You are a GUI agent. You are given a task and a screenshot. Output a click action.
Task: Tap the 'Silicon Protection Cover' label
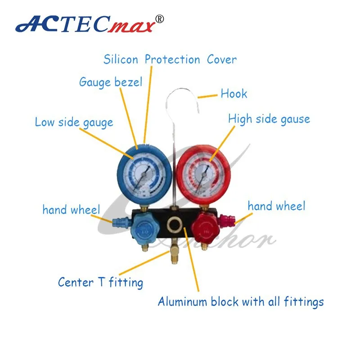[170, 59]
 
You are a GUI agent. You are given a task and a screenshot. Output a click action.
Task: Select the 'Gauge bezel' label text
[110, 82]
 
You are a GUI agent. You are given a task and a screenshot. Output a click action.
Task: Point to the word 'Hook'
[234, 94]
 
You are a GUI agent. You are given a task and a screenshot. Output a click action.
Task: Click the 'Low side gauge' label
[74, 122]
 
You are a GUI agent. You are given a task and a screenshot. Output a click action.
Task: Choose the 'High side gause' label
[269, 119]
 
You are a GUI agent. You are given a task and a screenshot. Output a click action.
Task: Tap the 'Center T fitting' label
[100, 283]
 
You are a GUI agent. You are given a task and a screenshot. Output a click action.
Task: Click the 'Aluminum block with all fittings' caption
[240, 301]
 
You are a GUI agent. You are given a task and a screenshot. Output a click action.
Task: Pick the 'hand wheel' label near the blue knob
[71, 210]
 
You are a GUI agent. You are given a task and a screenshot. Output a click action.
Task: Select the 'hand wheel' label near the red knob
[276, 206]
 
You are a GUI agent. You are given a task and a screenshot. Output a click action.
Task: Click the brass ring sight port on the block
[174, 224]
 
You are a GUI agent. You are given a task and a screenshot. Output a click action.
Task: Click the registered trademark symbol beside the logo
[160, 19]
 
